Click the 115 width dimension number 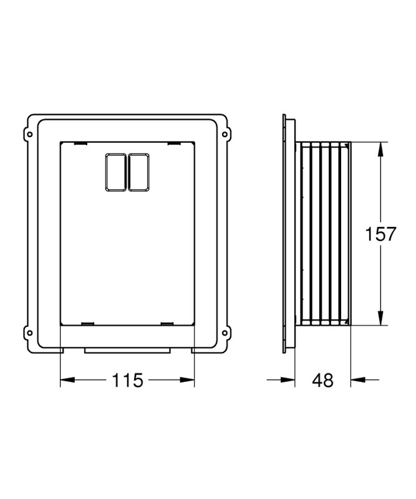pyautogui.click(x=127, y=380)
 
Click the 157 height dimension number pyautogui.click(x=380, y=234)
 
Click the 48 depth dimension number pyautogui.click(x=322, y=380)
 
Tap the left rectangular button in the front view pyautogui.click(x=116, y=172)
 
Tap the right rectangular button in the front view pyautogui.click(x=139, y=172)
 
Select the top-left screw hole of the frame pyautogui.click(x=29, y=134)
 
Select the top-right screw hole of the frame pyautogui.click(x=225, y=134)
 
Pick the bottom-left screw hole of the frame pyautogui.click(x=29, y=333)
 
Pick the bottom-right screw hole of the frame pyautogui.click(x=225, y=333)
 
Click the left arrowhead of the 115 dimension pyautogui.click(x=67, y=380)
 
